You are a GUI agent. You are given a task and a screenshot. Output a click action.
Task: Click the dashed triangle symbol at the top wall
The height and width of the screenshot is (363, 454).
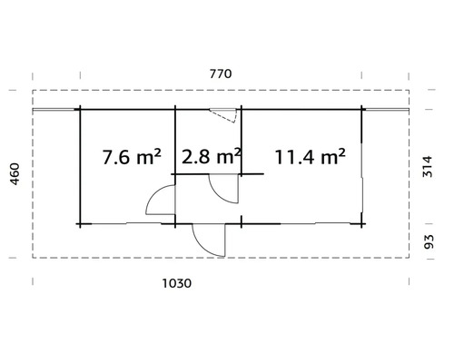click(223, 114)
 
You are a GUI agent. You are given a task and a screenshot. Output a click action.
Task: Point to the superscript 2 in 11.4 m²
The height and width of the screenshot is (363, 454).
click(341, 152)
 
